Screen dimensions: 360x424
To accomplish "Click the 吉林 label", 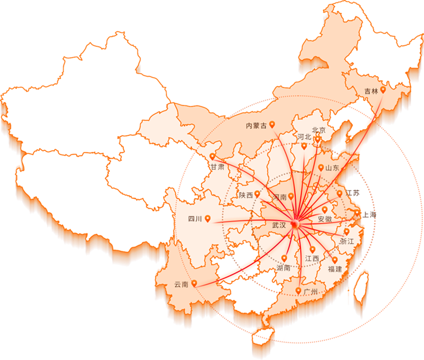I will (371, 91).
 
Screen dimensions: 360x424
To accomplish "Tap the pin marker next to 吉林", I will (383, 89).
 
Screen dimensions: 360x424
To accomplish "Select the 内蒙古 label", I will (256, 126).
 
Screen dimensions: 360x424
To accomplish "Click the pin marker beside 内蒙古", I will (272, 124).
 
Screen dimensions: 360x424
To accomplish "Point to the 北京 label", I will (319, 130).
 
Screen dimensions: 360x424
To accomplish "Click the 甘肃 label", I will (217, 167).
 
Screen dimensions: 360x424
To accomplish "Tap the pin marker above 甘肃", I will (212, 157).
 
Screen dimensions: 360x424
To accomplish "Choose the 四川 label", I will (195, 219).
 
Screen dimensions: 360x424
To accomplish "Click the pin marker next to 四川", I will (207, 219).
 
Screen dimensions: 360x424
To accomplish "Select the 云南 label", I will (181, 285).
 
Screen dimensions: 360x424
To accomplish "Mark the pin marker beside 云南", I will (194, 283).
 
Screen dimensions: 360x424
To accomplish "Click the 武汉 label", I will (279, 225).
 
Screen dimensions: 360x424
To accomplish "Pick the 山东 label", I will (332, 168).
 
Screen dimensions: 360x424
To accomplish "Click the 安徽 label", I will (325, 219).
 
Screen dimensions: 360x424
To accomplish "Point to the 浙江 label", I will (347, 241).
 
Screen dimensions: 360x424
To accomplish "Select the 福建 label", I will (335, 269).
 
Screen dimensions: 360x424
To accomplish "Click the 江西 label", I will (312, 258).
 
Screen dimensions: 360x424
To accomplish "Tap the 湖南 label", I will (283, 268).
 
